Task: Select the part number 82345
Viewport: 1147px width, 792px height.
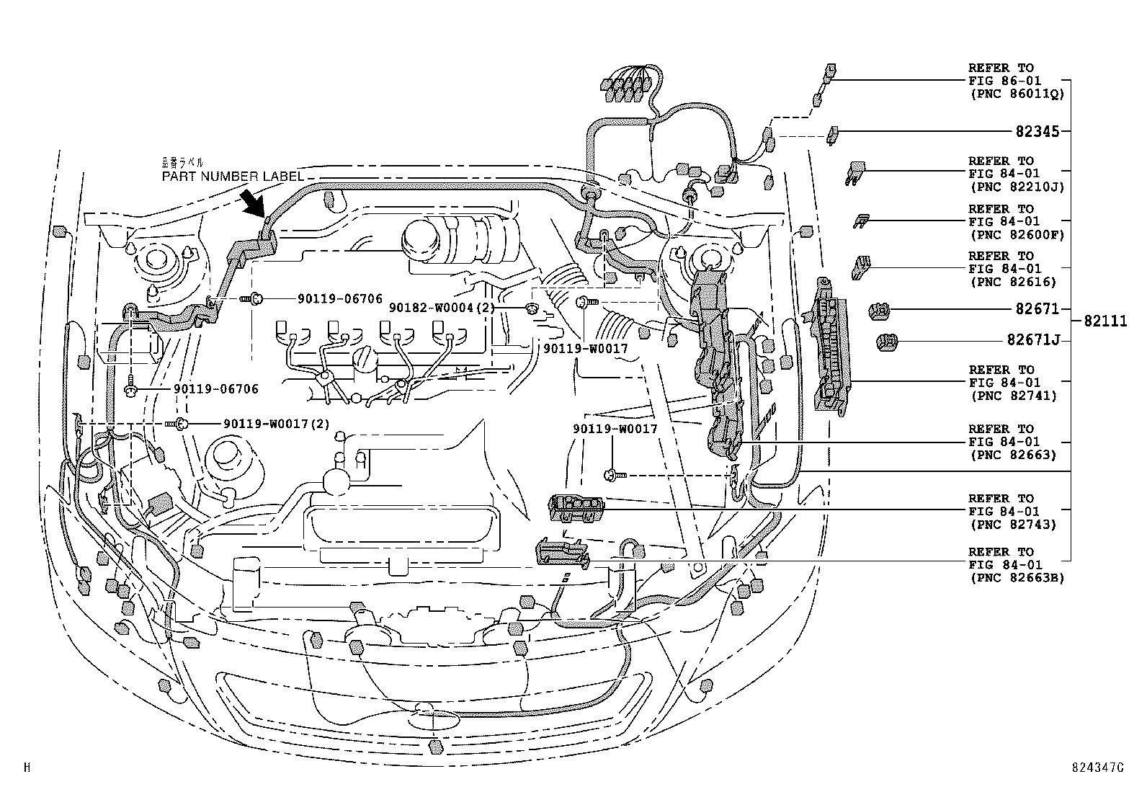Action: pyautogui.click(x=1037, y=132)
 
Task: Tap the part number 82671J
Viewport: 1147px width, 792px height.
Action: pyautogui.click(x=1033, y=340)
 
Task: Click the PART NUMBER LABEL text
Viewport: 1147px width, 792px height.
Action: pyautogui.click(x=232, y=177)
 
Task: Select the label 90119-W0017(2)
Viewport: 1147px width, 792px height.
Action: pyautogui.click(x=276, y=424)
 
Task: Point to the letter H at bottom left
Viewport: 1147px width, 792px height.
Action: pyautogui.click(x=27, y=767)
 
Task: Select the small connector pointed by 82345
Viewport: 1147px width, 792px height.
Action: pyautogui.click(x=833, y=133)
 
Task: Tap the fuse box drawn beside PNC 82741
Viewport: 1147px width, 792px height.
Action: pyautogui.click(x=832, y=346)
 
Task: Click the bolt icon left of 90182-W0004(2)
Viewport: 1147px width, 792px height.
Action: pyautogui.click(x=532, y=309)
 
